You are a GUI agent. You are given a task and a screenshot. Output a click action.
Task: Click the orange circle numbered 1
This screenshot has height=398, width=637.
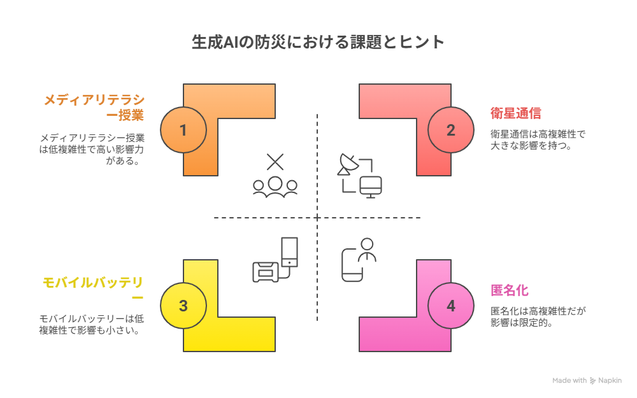click(x=183, y=130)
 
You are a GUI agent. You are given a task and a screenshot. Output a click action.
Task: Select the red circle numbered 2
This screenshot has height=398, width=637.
click(x=451, y=130)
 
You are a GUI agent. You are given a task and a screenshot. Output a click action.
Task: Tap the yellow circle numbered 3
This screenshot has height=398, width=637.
click(x=183, y=306)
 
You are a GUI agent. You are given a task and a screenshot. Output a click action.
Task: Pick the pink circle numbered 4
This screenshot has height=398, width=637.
click(x=451, y=306)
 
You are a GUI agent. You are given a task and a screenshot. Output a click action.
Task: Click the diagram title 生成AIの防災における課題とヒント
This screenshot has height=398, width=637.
click(x=318, y=42)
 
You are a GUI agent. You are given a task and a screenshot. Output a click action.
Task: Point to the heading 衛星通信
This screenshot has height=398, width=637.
click(x=515, y=113)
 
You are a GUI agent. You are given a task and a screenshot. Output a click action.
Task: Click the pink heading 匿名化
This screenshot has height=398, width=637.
click(x=510, y=290)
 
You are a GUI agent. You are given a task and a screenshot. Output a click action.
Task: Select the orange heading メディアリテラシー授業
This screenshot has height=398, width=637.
click(x=94, y=107)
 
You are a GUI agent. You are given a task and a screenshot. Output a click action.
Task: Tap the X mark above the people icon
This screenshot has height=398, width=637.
click(x=275, y=162)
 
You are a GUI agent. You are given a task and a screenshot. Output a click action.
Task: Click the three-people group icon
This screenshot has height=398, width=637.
click(x=275, y=187)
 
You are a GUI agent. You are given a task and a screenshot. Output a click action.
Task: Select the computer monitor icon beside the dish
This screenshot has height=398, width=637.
click(x=371, y=187)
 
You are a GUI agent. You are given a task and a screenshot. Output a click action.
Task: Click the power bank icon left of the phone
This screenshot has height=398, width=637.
click(x=266, y=272)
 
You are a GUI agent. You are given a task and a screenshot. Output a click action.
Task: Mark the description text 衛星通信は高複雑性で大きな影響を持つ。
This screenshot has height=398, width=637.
click(x=538, y=139)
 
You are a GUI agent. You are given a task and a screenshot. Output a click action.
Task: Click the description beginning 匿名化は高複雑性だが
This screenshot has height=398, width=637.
click(x=538, y=316)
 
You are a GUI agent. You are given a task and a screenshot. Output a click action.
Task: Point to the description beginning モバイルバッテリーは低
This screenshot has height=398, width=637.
click(x=92, y=325)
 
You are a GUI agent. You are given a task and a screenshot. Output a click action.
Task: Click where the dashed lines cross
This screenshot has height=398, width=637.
click(x=317, y=218)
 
